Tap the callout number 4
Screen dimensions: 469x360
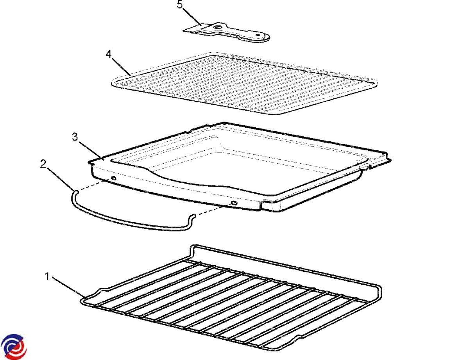pyautogui.click(x=109, y=55)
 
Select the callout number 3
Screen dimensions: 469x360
pyautogui.click(x=75, y=137)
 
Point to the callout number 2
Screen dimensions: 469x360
pyautogui.click(x=43, y=164)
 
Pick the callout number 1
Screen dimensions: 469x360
pyautogui.click(x=47, y=276)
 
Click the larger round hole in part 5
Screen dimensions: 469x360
pyautogui.click(x=217, y=27)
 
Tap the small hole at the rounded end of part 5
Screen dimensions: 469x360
pyautogui.click(x=258, y=34)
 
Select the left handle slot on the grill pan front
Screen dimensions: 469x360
pyautogui.click(x=113, y=178)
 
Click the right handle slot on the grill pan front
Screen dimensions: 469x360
pyautogui.click(x=234, y=203)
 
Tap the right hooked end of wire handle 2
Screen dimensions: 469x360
pyautogui.click(x=194, y=216)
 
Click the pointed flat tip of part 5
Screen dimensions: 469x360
pyautogui.click(x=183, y=31)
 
